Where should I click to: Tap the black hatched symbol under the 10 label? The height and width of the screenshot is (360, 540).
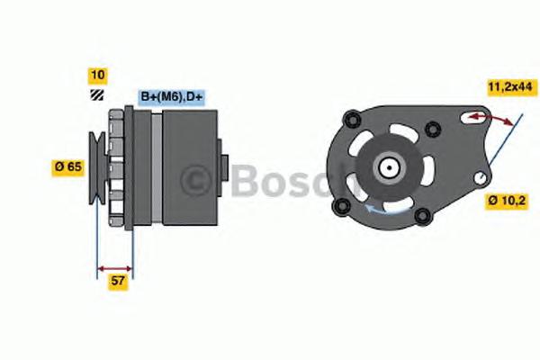pos(96,94)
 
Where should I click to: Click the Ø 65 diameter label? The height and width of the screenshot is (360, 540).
pos(68,166)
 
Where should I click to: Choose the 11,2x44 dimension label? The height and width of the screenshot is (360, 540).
pos(509,86)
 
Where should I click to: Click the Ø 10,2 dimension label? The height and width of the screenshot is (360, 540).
pos(506,200)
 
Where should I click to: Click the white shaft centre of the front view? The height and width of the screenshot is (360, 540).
pos(389,166)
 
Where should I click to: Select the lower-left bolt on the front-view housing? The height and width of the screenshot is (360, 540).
pos(341,208)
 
